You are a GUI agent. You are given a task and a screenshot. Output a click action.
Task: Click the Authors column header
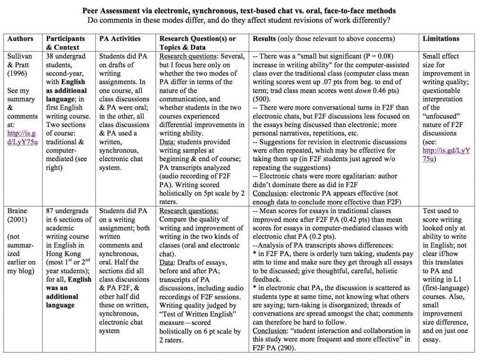(x=20, y=39)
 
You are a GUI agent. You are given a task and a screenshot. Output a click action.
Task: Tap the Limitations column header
(x=441, y=39)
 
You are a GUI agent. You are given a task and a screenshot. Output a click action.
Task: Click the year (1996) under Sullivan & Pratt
(x=18, y=73)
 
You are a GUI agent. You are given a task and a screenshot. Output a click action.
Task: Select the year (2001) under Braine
(x=18, y=220)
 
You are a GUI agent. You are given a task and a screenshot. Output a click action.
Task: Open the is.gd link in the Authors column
(x=23, y=137)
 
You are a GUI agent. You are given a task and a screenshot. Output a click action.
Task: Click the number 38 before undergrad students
(x=50, y=56)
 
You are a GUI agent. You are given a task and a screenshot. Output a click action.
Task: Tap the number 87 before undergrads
(x=50, y=211)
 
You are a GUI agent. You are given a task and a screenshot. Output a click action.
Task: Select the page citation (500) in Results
(x=261, y=99)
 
